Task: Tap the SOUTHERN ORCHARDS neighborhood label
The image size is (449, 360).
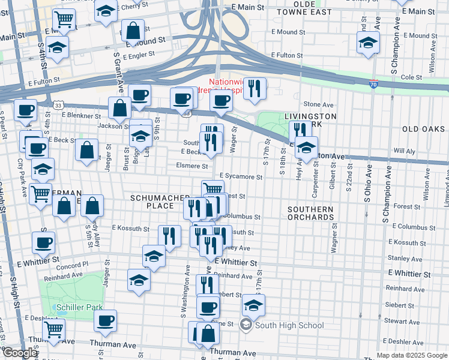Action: (310, 214)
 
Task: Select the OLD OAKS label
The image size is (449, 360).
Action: (423, 129)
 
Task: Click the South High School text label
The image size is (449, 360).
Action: (289, 326)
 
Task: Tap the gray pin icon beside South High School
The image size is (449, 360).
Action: (246, 326)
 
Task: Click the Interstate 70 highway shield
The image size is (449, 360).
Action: (373, 85)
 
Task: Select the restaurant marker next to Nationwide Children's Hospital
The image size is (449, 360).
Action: (255, 88)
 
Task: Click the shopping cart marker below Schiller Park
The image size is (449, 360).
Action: (54, 328)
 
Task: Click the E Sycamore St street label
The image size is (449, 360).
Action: (241, 177)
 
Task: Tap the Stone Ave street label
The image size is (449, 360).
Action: (318, 104)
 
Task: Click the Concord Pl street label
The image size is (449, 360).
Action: (73, 264)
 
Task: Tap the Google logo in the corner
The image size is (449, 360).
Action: (20, 353)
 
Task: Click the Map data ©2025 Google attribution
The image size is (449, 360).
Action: (411, 355)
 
